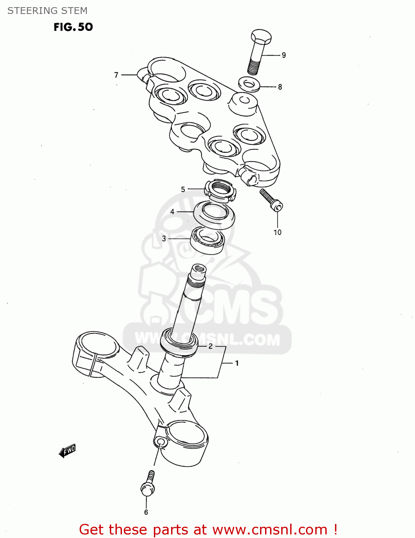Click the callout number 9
(284, 55)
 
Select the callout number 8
(280, 87)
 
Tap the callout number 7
(116, 75)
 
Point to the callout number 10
(277, 232)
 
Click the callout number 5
(183, 189)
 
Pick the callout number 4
(172, 212)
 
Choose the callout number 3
(164, 239)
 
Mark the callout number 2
(211, 346)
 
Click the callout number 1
(237, 363)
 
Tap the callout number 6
(146, 512)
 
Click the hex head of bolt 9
(261, 37)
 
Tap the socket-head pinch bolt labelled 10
(272, 200)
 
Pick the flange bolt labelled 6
(148, 485)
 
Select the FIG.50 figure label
(73, 27)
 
